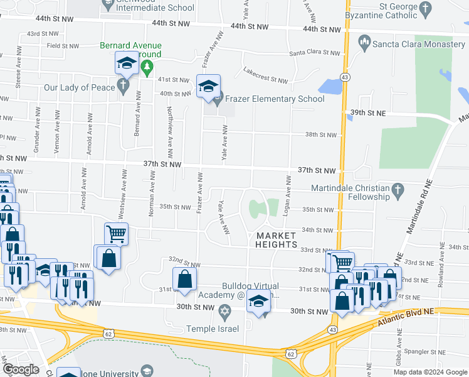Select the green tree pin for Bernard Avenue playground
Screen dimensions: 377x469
(x=147, y=68)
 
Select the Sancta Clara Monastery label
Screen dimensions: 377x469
(x=416, y=44)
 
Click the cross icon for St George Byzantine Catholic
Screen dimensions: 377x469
(x=426, y=9)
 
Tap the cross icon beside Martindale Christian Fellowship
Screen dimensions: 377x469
(x=397, y=188)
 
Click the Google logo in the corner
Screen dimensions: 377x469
(x=21, y=369)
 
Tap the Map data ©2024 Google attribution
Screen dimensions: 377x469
(x=429, y=371)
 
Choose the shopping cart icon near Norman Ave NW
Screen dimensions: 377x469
(x=116, y=234)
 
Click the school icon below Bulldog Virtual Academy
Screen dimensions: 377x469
(x=258, y=301)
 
